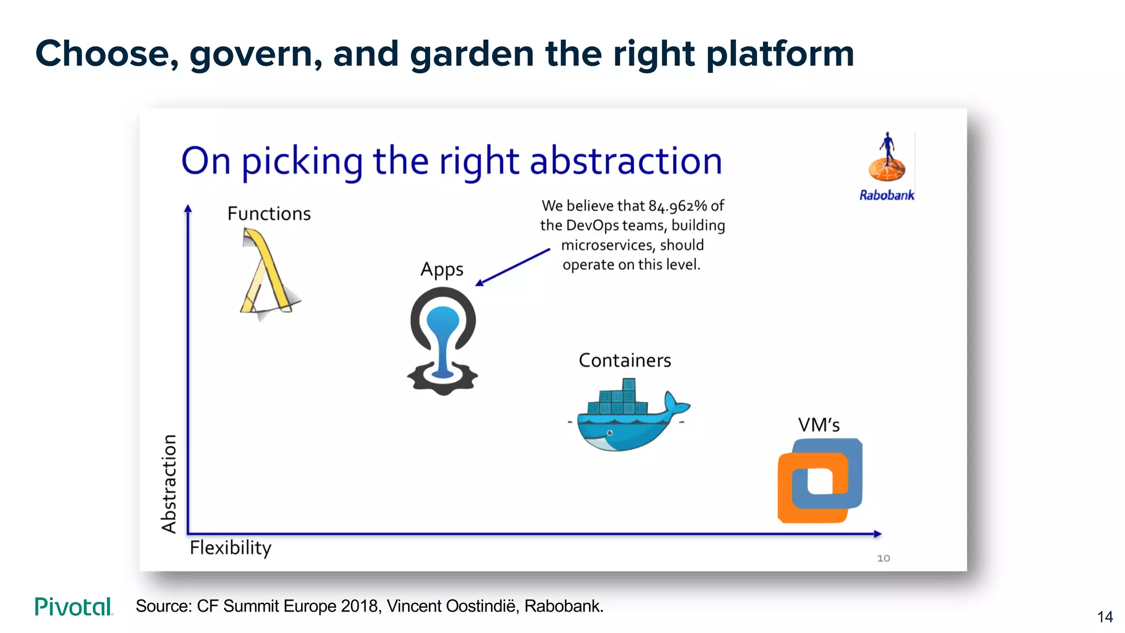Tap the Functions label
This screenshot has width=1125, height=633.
pyautogui.click(x=269, y=213)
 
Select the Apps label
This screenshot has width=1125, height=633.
pyautogui.click(x=442, y=270)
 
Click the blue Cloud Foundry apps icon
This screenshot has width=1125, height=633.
pyautogui.click(x=443, y=341)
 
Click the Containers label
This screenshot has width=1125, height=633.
pyautogui.click(x=625, y=360)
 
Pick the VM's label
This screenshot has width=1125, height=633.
pyautogui.click(x=818, y=425)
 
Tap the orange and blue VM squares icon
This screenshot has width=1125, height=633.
pyautogui.click(x=820, y=481)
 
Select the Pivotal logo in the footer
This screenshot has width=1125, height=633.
pyautogui.click(x=74, y=607)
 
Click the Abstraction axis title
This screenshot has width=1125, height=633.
pyautogui.click(x=169, y=484)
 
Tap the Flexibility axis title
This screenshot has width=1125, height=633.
pyautogui.click(x=230, y=548)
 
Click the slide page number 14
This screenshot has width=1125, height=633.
pyautogui.click(x=1105, y=617)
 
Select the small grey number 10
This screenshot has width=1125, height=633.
pyautogui.click(x=883, y=558)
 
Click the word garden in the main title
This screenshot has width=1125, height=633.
pyautogui.click(x=471, y=54)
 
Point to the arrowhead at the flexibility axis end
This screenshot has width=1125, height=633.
pyautogui.click(x=877, y=534)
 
